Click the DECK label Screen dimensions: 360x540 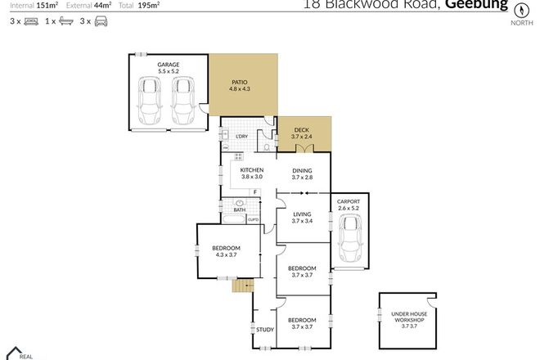pos(303,133)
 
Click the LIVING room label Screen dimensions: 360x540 pos(303,217)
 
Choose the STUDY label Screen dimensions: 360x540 pos(264,330)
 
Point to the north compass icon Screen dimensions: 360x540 pos(517,11)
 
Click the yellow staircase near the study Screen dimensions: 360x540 pos(243,286)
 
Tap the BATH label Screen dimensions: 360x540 pos(240,210)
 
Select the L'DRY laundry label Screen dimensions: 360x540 pos(242,136)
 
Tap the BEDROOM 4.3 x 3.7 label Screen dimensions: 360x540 pos(226,251)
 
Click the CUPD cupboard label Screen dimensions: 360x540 pos(254,219)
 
